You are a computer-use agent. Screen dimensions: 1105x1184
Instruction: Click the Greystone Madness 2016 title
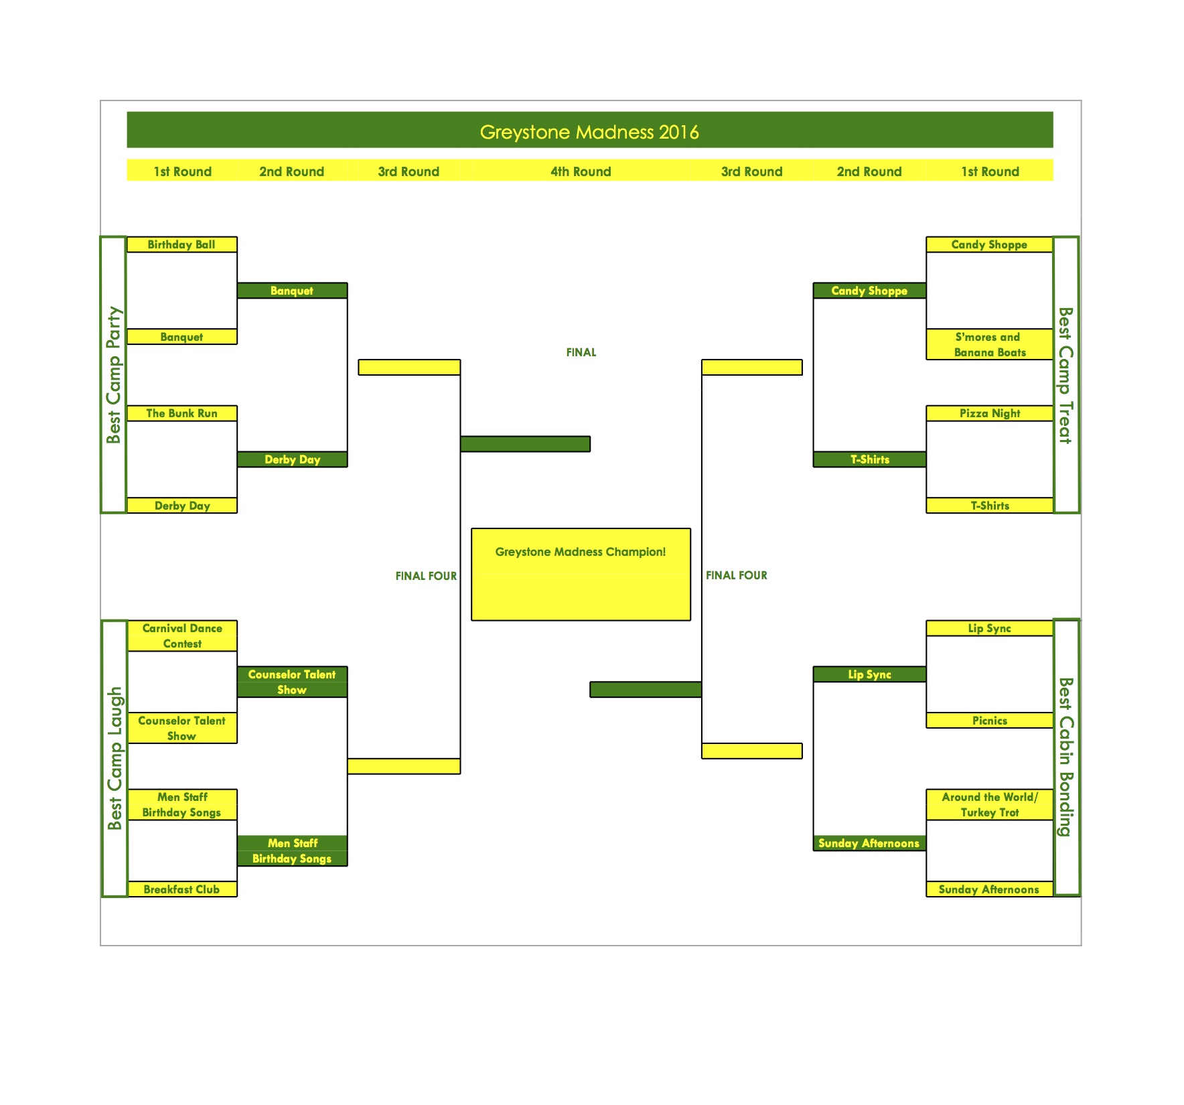(589, 132)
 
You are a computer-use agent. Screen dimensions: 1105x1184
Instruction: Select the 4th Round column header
(581, 171)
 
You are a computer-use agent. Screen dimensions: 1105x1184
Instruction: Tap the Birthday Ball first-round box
(181, 244)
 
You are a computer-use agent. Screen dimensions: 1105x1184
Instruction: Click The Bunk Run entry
(181, 413)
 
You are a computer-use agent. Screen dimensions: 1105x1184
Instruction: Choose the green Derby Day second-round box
(292, 459)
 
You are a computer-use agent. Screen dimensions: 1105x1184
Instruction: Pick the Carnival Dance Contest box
(182, 636)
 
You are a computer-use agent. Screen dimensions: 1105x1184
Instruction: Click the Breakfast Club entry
(181, 889)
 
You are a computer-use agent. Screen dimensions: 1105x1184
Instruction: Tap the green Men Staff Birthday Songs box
(292, 851)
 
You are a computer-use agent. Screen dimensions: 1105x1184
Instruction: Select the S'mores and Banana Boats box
(990, 344)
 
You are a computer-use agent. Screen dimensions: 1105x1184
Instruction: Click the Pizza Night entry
(990, 413)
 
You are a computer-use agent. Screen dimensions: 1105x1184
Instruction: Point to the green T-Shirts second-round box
(869, 459)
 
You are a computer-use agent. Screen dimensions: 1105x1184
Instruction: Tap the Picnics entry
(990, 721)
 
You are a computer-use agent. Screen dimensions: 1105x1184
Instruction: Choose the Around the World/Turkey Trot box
(990, 804)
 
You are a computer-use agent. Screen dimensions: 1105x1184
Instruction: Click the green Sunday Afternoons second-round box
(869, 843)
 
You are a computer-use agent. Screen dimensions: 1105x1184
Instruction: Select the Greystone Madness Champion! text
(581, 552)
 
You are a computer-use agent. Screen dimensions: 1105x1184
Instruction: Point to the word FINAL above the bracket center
(581, 352)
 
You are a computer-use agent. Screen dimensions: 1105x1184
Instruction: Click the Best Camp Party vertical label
(114, 375)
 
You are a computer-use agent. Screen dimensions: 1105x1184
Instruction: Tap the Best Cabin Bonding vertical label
(1066, 757)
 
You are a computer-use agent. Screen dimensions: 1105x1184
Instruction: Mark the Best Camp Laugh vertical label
(115, 758)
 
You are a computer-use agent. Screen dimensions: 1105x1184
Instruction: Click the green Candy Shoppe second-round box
(869, 291)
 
